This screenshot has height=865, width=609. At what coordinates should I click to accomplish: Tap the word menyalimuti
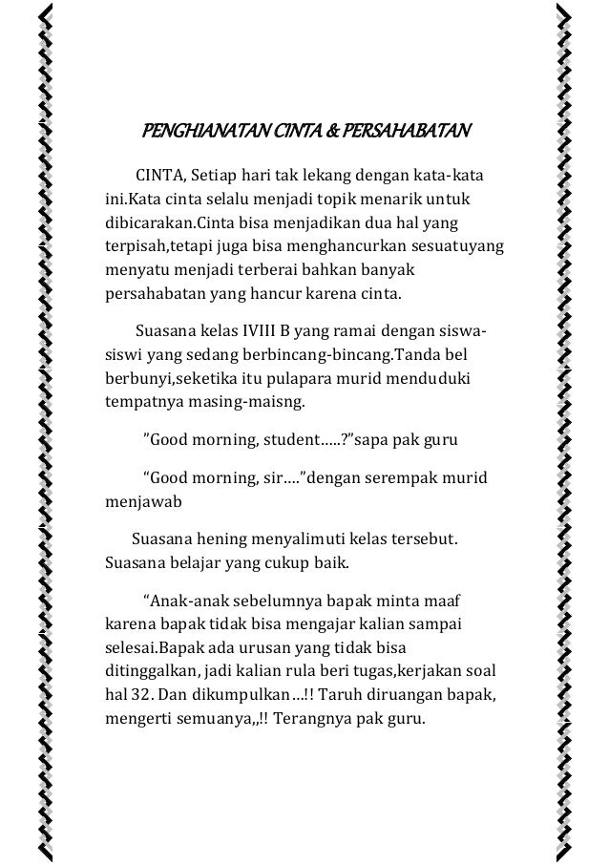tap(299, 541)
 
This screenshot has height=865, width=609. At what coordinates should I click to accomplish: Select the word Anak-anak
tap(178, 602)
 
